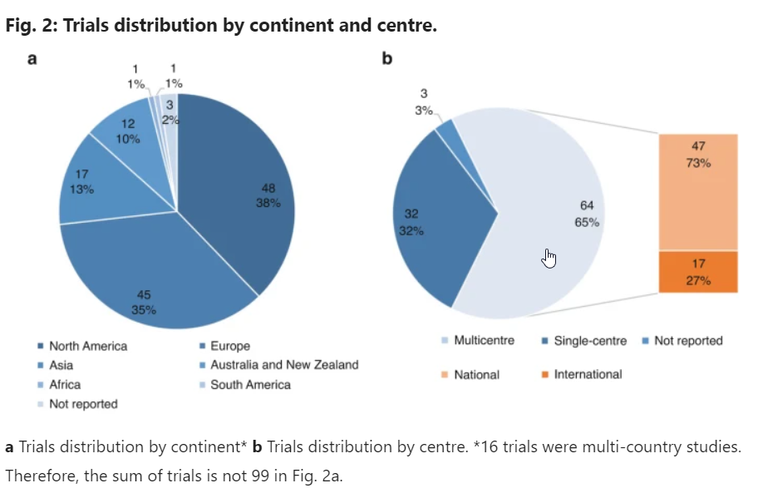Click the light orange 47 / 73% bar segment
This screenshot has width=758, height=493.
pyautogui.click(x=698, y=191)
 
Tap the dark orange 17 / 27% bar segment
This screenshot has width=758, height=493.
pyautogui.click(x=698, y=272)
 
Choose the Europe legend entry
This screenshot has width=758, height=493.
pyautogui.click(x=229, y=346)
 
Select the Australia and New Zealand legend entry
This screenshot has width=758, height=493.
pyautogui.click(x=283, y=365)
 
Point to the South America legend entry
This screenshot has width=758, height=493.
pyautogui.click(x=250, y=384)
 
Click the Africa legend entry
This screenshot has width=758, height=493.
pyautogui.click(x=65, y=384)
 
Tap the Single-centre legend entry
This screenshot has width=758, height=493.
pyautogui.click(x=588, y=341)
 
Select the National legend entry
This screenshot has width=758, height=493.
pyautogui.click(x=476, y=375)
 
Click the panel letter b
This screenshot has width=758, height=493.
pyautogui.click(x=386, y=60)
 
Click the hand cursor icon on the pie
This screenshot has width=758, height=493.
pyautogui.click(x=549, y=259)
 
